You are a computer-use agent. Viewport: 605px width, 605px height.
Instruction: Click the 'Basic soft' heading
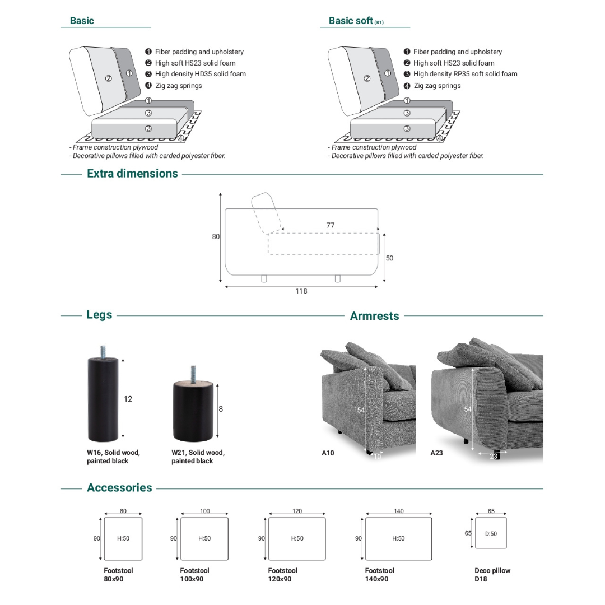(351, 21)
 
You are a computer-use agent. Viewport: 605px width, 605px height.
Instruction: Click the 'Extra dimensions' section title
(132, 174)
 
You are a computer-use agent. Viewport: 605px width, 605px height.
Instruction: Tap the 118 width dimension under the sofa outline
(301, 291)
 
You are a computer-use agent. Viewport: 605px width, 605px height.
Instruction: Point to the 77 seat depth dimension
(331, 225)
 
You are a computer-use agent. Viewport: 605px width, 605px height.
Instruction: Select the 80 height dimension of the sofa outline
(216, 237)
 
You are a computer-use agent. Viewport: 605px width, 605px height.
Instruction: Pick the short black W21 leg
(193, 410)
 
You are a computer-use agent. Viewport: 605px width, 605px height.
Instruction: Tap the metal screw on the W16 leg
(104, 352)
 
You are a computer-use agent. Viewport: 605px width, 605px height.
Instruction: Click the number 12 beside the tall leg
(128, 399)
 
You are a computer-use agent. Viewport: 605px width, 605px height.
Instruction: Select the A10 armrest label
(328, 453)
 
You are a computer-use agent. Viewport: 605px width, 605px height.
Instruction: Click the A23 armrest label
(436, 453)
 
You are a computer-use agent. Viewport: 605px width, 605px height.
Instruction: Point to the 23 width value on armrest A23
(494, 457)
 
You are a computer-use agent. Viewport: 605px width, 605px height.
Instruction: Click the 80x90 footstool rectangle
(123, 538)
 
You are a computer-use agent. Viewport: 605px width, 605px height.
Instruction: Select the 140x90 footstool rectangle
(398, 538)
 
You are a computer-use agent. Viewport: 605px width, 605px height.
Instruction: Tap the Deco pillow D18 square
(491, 533)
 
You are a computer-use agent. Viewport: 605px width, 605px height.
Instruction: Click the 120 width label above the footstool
(297, 511)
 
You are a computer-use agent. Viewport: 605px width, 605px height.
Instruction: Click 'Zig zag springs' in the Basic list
(178, 86)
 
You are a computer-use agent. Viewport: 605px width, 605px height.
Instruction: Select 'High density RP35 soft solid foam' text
(465, 74)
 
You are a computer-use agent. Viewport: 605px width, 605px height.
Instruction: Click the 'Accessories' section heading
(119, 488)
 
